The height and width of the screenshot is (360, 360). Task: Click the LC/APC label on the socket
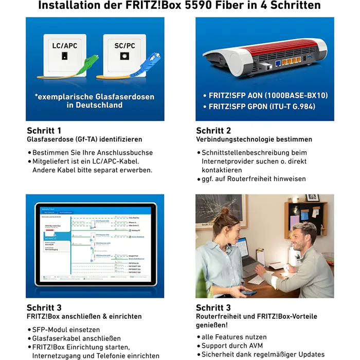(x=64, y=46)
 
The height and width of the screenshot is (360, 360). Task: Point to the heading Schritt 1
(x=44, y=131)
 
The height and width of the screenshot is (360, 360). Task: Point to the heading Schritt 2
(x=213, y=131)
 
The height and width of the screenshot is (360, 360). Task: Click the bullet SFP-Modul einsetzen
(x=66, y=329)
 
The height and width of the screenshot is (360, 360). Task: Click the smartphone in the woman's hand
(x=249, y=294)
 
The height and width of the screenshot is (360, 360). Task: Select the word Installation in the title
(x=69, y=6)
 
